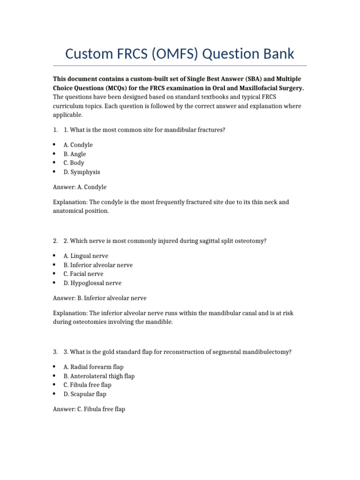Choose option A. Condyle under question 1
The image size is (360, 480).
point(78,145)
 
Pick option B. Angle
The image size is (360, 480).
point(75,154)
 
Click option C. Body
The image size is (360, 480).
point(74,163)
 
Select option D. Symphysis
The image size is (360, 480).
point(82,172)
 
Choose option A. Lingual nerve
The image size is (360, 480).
point(86,256)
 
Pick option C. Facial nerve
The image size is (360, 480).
point(83,274)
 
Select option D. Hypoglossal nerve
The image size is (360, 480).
point(92,283)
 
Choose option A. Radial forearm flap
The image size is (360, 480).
point(94,367)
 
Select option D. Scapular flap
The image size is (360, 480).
point(85,394)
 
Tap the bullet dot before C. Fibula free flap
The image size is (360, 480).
point(54,384)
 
